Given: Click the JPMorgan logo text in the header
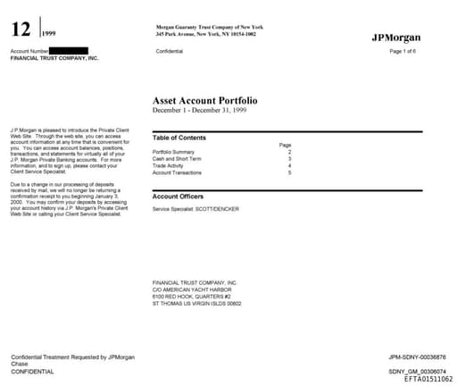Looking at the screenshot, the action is (x=395, y=38).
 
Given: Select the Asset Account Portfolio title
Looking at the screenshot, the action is (x=210, y=101).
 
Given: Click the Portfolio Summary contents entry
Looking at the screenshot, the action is (x=173, y=152).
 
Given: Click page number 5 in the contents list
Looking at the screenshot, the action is (x=289, y=172).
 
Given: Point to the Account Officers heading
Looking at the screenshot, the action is (x=179, y=196).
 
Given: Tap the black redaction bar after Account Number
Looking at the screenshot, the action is (x=69, y=51).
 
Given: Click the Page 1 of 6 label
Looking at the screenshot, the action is (x=405, y=51).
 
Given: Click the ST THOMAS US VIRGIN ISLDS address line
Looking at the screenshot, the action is (x=197, y=303).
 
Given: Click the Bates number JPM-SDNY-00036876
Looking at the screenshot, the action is (x=418, y=357).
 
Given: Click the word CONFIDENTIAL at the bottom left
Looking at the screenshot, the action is (x=32, y=371).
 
